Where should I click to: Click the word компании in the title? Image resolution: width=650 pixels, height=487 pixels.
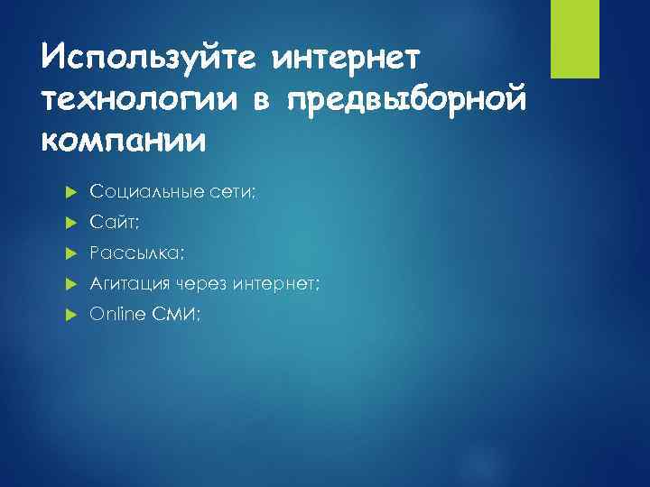point(124,142)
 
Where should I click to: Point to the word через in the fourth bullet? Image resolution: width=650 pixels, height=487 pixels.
point(200,284)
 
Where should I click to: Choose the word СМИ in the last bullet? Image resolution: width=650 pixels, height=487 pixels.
point(178,315)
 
